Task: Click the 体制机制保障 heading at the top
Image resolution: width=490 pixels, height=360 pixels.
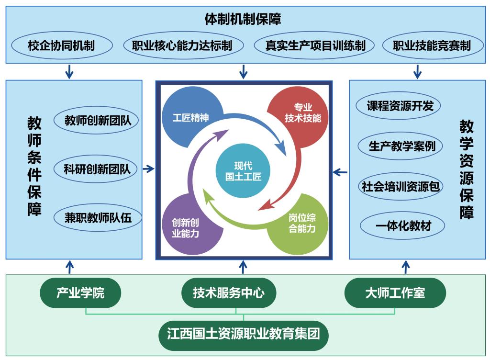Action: tap(243, 19)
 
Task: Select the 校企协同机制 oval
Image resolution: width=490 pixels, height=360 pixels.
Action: tap(62, 45)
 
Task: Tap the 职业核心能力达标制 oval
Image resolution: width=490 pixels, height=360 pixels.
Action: tap(183, 45)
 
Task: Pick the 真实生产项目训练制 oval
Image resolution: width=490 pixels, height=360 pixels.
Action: tap(314, 45)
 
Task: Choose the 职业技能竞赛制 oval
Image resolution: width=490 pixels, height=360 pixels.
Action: tap(433, 45)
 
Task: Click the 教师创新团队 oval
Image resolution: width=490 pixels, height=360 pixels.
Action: tap(97, 120)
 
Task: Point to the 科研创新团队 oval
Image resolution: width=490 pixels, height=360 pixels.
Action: tap(97, 169)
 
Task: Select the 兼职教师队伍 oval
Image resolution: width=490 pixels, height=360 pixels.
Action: tap(98, 217)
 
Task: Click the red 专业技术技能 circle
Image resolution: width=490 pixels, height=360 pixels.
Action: tap(299, 117)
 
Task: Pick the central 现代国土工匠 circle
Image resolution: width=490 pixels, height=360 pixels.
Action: tap(243, 170)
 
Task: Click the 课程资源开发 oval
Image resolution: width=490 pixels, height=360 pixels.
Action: tap(398, 106)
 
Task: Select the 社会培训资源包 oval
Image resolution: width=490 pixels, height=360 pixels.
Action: tap(401, 186)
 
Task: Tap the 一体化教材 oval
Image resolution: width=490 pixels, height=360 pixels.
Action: tap(402, 225)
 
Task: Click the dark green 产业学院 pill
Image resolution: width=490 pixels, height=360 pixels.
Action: tap(80, 293)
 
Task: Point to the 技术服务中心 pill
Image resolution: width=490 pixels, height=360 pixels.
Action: tap(229, 293)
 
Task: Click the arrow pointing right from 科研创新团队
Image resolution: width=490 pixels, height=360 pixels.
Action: tap(149, 169)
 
